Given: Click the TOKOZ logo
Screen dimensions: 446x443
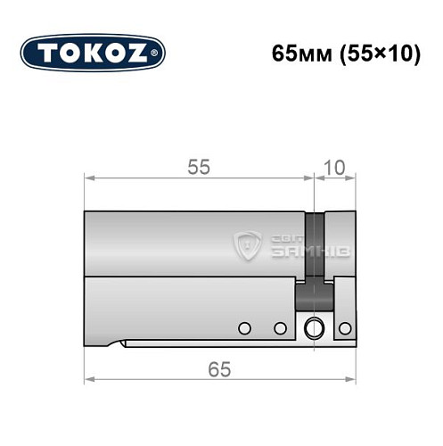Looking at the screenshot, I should tap(93, 53).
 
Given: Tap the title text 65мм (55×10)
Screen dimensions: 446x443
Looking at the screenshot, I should tap(346, 53).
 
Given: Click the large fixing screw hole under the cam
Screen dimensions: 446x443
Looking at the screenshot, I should tap(312, 328).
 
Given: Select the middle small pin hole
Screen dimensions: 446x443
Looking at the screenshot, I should tap(279, 328).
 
